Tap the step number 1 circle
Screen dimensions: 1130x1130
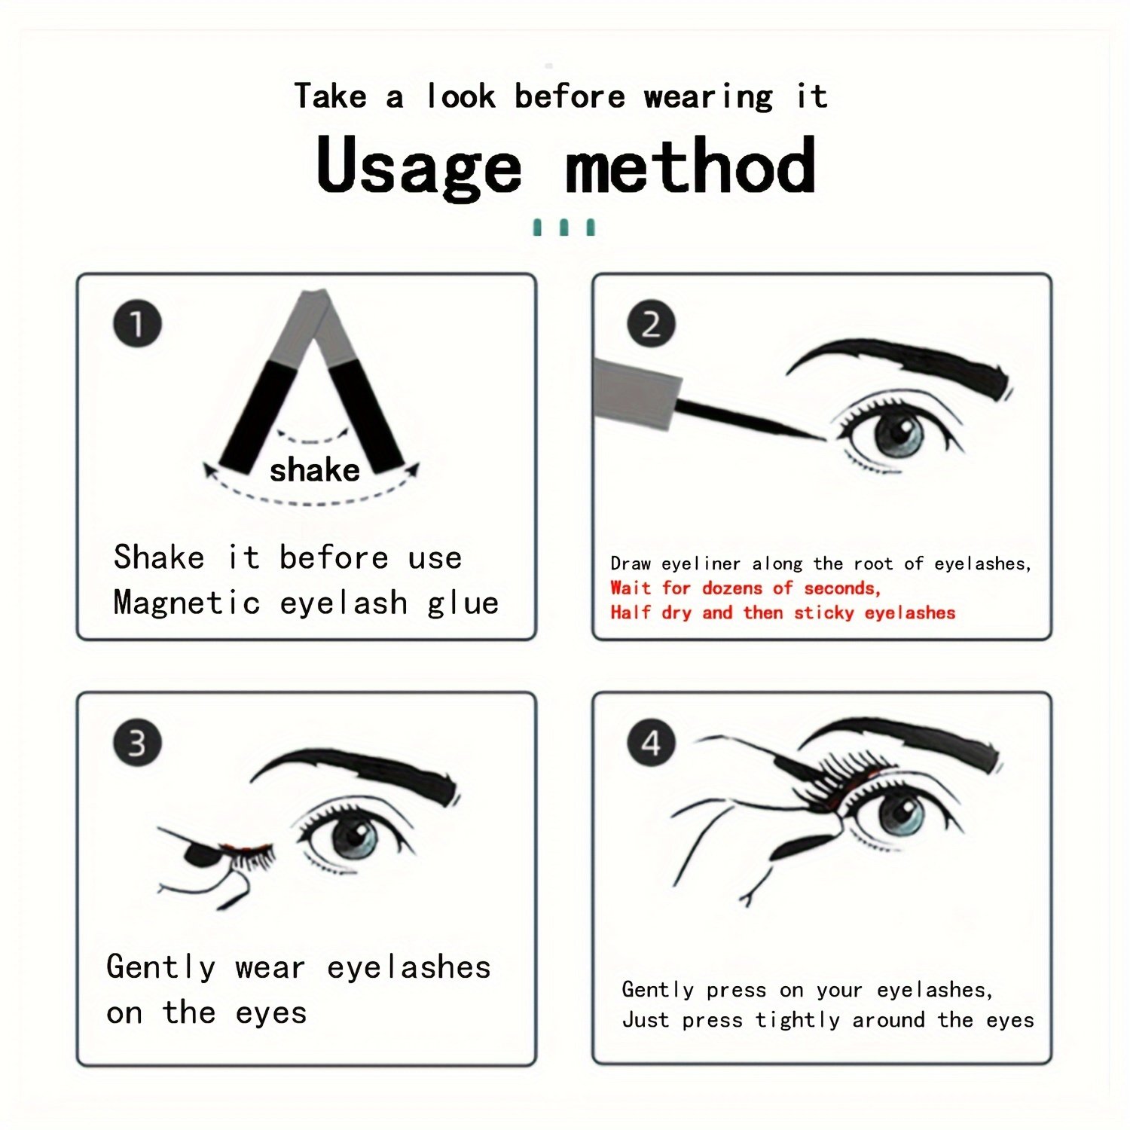137,325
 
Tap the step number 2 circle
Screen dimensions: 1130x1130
651,325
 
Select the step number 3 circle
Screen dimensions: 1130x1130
137,743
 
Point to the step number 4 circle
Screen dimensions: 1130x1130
651,743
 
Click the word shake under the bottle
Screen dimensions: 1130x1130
315,469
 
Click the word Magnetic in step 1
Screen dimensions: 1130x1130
187,603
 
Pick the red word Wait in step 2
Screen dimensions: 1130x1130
631,588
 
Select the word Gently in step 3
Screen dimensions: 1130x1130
161,967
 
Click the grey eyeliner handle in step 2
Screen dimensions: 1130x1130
635,393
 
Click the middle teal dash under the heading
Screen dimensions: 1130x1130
563,227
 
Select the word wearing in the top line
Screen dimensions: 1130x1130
709,97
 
